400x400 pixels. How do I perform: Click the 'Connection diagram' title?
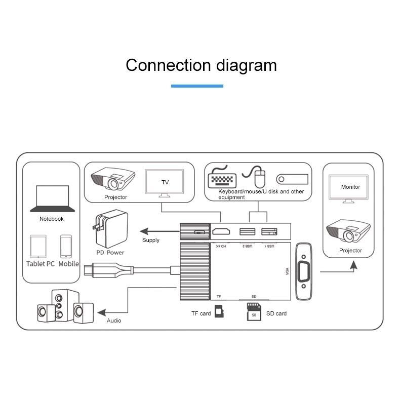pos(201,65)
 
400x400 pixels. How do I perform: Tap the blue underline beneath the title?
pos(197,86)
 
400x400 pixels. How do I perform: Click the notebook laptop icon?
pos(52,198)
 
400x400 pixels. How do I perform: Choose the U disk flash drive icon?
pos(292,179)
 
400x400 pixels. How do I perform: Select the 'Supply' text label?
pos(151,240)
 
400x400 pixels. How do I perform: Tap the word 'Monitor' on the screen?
pos(350,187)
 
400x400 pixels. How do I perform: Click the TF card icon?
pos(219,311)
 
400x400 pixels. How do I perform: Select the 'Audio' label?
pos(114,321)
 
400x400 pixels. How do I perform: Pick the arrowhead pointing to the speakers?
pos(101,311)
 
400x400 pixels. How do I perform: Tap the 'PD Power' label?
pos(110,252)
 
